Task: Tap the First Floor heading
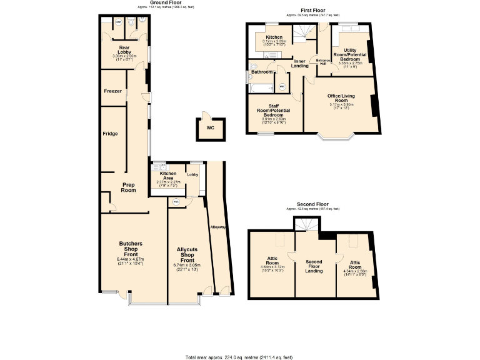[312, 11]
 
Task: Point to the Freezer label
[112, 91]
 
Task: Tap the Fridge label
[111, 134]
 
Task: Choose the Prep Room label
[128, 187]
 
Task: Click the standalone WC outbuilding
[210, 129]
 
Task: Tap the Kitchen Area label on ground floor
[167, 175]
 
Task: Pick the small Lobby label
[192, 174]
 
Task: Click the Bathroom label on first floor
[261, 72]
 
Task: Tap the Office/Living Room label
[341, 98]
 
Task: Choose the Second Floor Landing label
[314, 266]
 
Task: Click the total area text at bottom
[239, 357]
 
